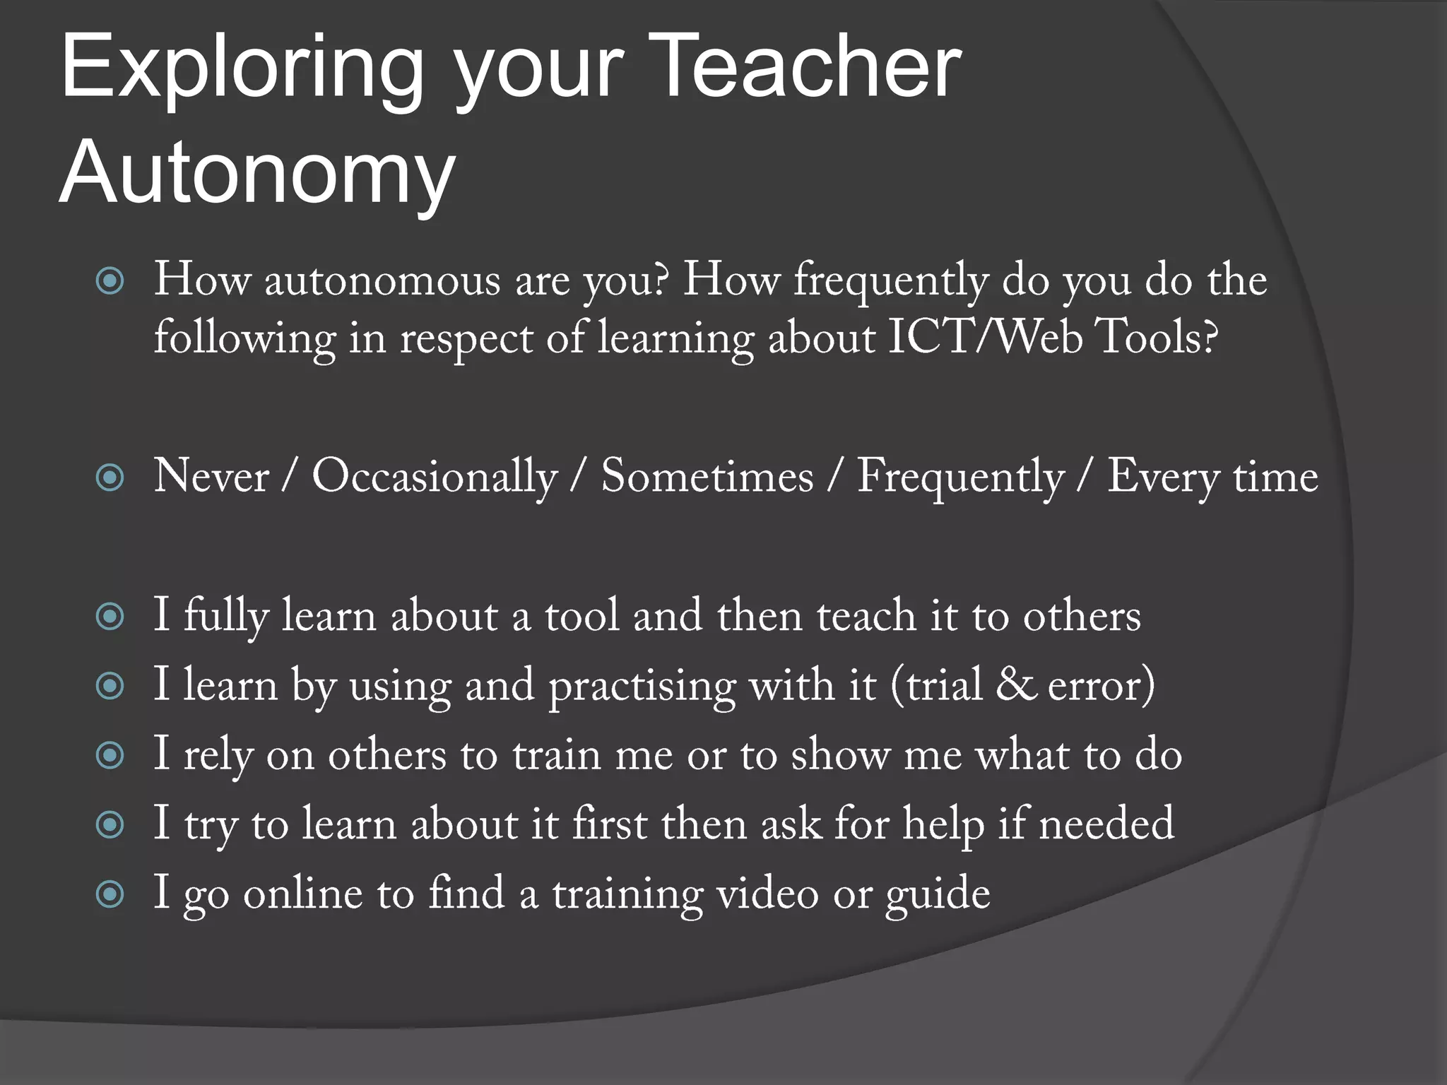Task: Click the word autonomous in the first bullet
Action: [x=382, y=280]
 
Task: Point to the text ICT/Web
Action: [x=985, y=338]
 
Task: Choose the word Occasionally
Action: [x=435, y=478]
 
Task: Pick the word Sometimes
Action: [x=707, y=476]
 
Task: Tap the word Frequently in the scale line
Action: [x=959, y=478]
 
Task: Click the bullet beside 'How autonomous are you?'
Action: [x=110, y=282]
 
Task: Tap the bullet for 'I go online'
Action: [x=110, y=895]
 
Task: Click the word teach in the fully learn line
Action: [x=866, y=615]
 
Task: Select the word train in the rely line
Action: [x=557, y=755]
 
